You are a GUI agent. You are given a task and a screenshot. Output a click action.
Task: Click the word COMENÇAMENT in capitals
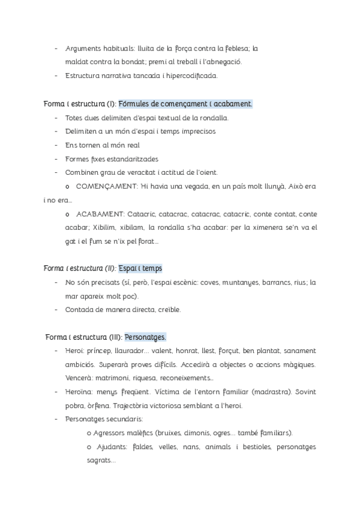(107, 187)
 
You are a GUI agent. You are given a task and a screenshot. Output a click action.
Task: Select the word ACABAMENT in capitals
(100, 214)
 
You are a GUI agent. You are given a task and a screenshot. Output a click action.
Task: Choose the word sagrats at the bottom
(100, 461)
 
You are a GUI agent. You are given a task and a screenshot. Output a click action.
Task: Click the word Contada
(79, 310)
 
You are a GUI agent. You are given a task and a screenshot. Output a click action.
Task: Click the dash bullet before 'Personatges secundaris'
(56, 420)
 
